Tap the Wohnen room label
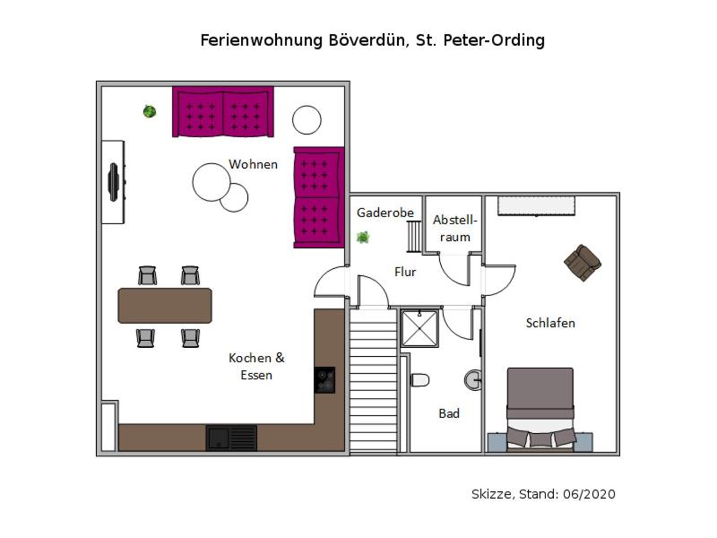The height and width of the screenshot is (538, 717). click(253, 164)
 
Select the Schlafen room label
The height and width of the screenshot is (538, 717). click(550, 323)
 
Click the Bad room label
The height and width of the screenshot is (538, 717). click(449, 413)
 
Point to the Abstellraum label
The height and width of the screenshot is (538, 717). click(455, 229)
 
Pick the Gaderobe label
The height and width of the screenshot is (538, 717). click(385, 213)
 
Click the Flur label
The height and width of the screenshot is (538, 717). click(405, 272)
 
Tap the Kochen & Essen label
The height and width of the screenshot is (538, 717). click(256, 366)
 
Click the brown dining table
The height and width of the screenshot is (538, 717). click(165, 305)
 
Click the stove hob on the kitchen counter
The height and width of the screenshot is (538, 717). click(324, 380)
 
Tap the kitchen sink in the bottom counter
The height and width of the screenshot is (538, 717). click(231, 438)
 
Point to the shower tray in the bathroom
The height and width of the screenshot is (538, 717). click(419, 328)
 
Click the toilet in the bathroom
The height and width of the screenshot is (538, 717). click(419, 380)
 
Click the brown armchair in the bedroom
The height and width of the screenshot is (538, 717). click(583, 262)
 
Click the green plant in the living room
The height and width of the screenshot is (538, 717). click(150, 111)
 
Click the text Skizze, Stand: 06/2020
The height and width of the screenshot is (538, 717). click(543, 494)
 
